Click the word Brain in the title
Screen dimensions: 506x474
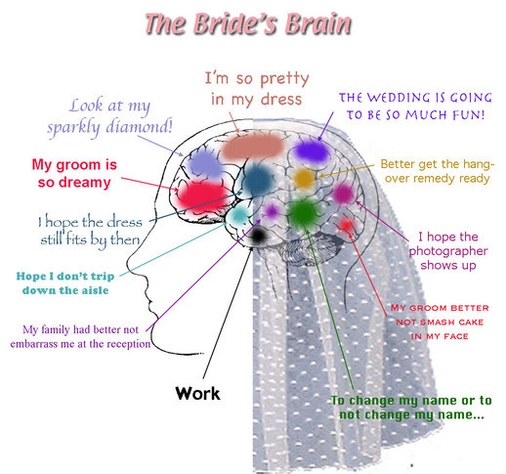click(x=318, y=24)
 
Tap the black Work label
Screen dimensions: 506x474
click(x=197, y=393)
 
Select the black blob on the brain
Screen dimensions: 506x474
click(x=258, y=236)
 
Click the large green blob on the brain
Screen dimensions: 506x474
click(x=303, y=213)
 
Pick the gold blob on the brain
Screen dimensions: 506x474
click(x=304, y=178)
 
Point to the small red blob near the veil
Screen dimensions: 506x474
click(x=346, y=225)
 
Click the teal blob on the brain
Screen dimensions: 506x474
click(x=239, y=215)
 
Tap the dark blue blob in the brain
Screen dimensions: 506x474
click(x=258, y=180)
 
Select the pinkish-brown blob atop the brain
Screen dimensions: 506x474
click(x=253, y=147)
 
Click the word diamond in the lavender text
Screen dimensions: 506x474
click(x=139, y=127)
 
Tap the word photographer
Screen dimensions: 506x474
click(x=448, y=251)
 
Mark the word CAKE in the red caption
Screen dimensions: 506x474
click(x=471, y=323)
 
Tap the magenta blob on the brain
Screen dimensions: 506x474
click(x=343, y=194)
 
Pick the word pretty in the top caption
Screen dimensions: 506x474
click(x=284, y=79)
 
